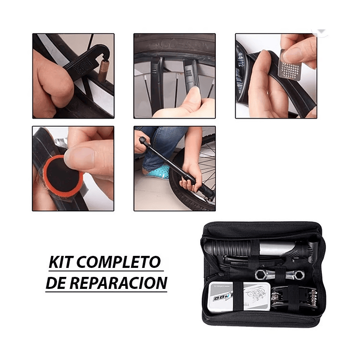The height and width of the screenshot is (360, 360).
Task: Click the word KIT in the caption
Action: click(62, 262)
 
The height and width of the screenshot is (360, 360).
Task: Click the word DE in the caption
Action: click(58, 283)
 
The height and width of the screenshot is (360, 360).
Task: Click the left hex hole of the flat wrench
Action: click(261, 274)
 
